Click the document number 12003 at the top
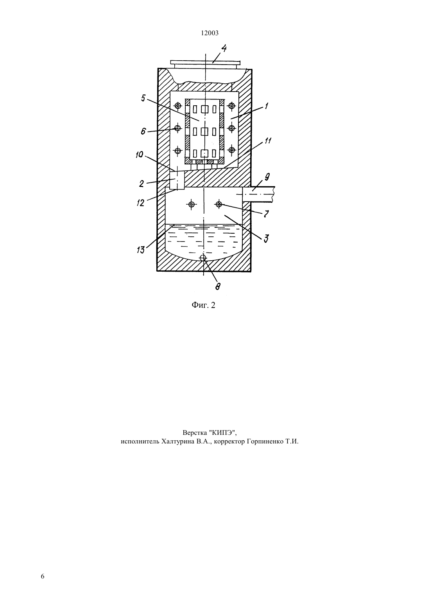coord(210,33)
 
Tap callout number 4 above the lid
coord(224,49)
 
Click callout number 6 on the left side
coord(143,132)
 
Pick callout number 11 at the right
coord(268,141)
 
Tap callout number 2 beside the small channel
coord(142,184)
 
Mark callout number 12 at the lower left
coord(140,203)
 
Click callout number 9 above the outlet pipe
coord(267,178)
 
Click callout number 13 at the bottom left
coord(141,250)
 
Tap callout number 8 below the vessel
coord(218,286)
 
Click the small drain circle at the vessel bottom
coord(203,258)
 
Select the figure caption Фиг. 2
coord(203,305)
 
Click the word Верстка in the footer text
coord(195,432)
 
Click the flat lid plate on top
coord(205,62)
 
